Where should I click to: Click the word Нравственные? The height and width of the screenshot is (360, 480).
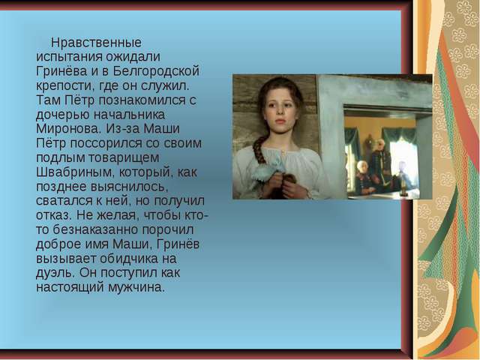tap(96, 43)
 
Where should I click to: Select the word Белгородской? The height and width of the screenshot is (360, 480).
tap(156, 71)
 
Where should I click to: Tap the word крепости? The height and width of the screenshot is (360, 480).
tap(65, 86)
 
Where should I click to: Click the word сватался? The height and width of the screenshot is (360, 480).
tap(67, 201)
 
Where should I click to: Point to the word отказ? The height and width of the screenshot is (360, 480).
tap(54, 215)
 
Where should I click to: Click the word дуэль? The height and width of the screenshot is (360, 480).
tap(55, 273)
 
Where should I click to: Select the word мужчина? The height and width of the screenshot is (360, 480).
tap(136, 288)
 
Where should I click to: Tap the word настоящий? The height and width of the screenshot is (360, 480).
tap(70, 288)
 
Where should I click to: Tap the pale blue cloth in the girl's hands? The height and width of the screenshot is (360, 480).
tap(267, 172)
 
